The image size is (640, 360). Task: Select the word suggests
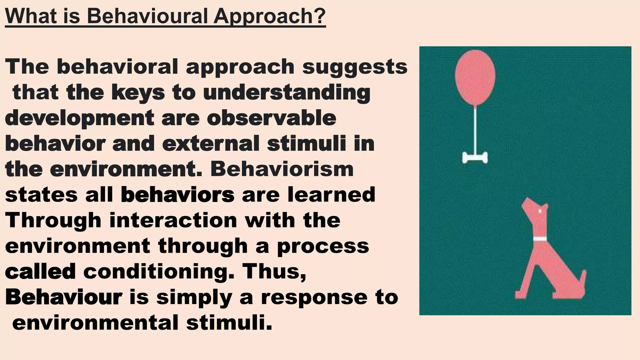coord(355,67)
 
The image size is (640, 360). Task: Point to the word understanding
coord(287,93)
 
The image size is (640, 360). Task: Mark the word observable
coord(272,118)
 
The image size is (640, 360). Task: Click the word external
coord(211,144)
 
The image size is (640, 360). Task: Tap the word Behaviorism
coord(282,169)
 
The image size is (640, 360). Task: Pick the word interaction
coord(173,220)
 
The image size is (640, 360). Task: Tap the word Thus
coord(275,271)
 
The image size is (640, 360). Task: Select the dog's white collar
coord(540,239)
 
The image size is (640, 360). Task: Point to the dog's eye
coord(540,211)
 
